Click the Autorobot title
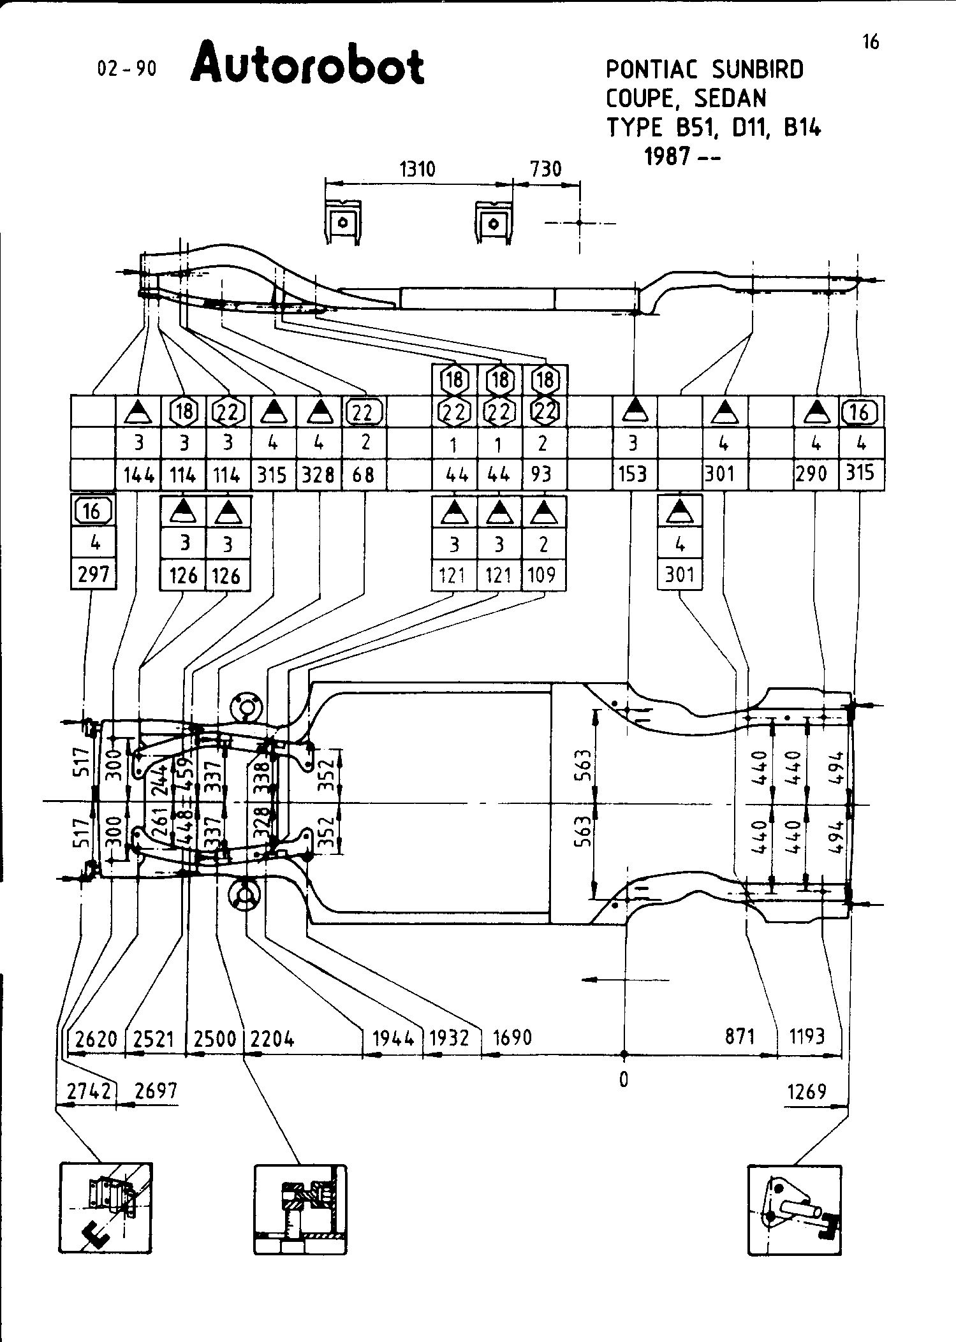click(307, 64)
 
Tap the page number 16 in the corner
click(870, 42)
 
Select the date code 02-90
click(126, 68)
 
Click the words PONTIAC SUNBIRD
click(704, 69)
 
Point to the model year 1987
click(666, 156)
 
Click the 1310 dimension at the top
click(417, 169)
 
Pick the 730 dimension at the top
click(546, 169)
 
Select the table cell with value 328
click(318, 475)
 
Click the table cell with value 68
click(364, 475)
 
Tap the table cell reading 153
click(633, 475)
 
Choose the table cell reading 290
click(811, 474)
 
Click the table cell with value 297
click(93, 575)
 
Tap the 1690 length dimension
click(513, 1037)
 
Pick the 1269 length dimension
click(807, 1091)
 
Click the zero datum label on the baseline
click(624, 1079)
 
